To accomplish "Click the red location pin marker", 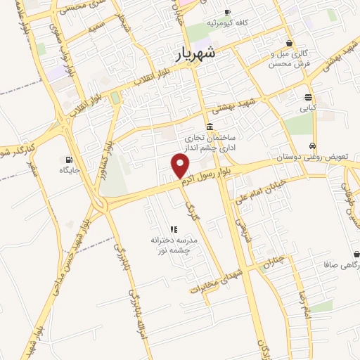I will tap(181, 166).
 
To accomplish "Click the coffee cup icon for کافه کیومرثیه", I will tap(227, 13).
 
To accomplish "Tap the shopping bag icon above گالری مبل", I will tap(289, 43).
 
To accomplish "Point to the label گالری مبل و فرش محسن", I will tap(290, 59).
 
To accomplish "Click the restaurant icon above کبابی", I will tap(309, 97).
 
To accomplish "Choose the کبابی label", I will tap(309, 109).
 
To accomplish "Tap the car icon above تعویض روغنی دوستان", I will tap(310, 146).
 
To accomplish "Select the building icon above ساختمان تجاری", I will tap(210, 123).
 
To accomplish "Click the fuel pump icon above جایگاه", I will tap(69, 159).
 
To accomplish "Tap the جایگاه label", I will tap(69, 171).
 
